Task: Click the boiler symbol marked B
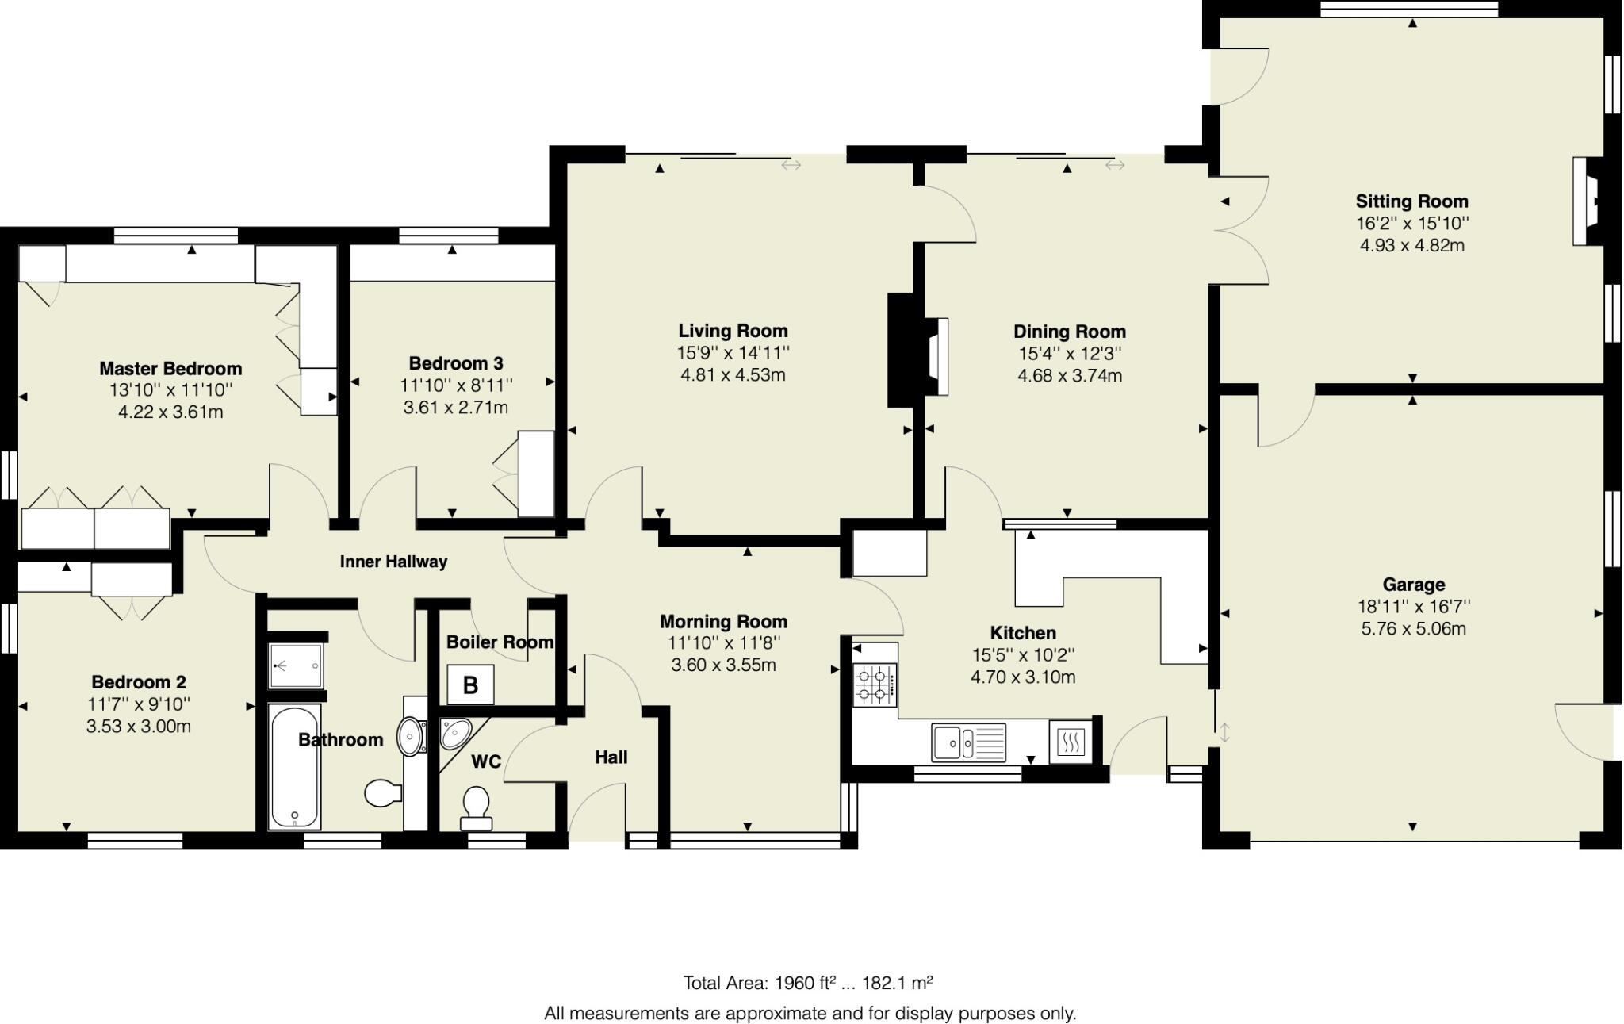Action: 470,685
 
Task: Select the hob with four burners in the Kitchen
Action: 875,685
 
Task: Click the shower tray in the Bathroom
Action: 296,665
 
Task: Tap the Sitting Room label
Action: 1411,201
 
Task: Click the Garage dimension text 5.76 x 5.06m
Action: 1413,629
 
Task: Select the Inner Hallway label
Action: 393,562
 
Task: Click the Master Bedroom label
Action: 170,369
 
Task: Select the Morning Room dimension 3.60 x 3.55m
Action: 723,665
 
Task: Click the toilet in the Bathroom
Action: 383,793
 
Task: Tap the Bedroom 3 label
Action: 456,363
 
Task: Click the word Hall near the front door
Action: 611,757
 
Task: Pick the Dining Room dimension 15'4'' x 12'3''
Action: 1070,354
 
